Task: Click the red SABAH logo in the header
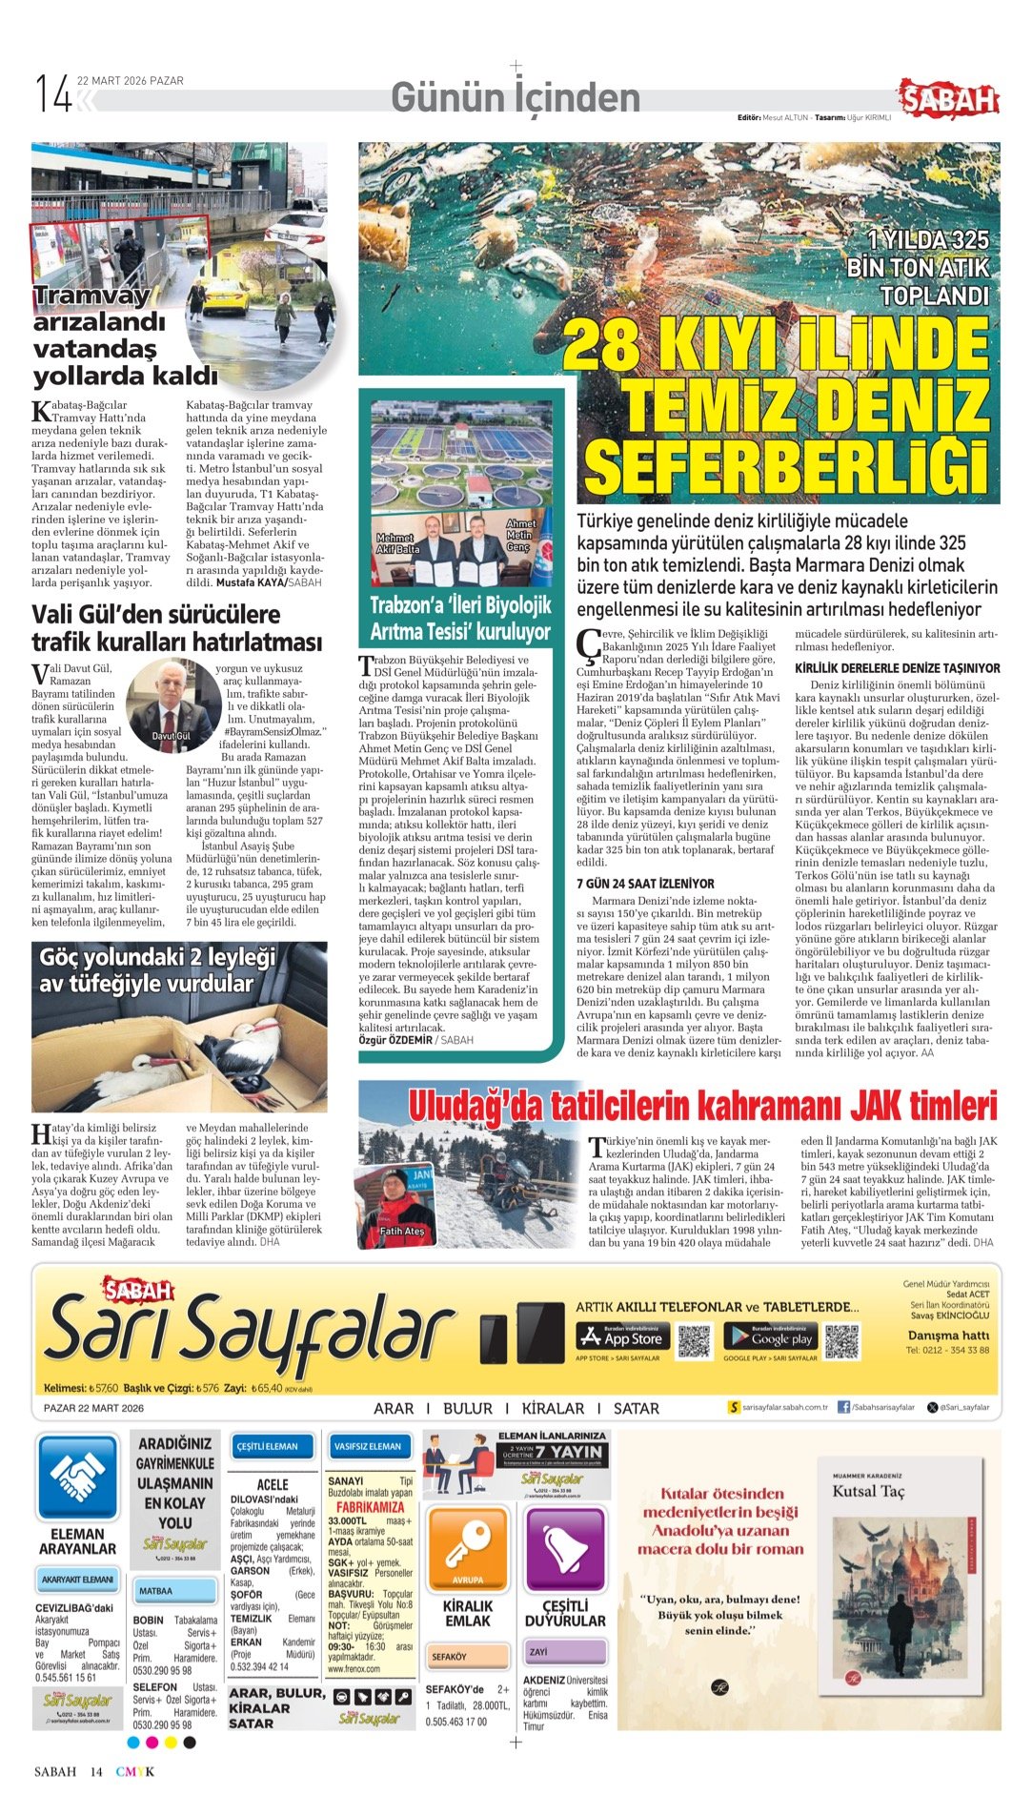tap(947, 98)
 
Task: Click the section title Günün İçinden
tap(516, 97)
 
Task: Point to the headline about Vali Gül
tap(176, 627)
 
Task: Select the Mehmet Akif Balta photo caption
tap(396, 544)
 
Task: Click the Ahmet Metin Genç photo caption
tap(519, 535)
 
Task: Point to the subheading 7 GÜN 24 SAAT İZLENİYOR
tap(645, 884)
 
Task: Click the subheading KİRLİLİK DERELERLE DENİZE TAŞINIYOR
tap(897, 668)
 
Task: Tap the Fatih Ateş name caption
tap(402, 1231)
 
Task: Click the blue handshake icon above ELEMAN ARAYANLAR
tap(77, 1478)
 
